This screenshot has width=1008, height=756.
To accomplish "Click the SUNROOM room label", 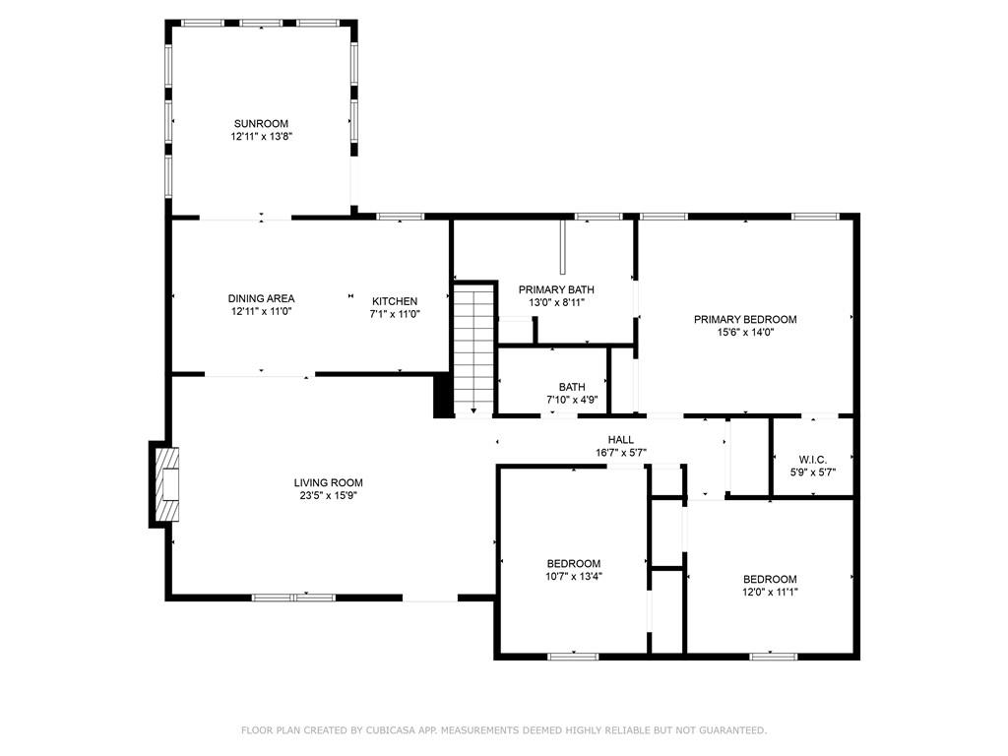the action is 261,123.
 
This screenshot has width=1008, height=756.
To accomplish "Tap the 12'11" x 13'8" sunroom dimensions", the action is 262,136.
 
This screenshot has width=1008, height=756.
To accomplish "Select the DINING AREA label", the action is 261,298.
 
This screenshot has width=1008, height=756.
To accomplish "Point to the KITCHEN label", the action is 395,301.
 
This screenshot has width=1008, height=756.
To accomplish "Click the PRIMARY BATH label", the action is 556,290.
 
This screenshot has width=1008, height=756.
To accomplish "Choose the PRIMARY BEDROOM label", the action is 745,320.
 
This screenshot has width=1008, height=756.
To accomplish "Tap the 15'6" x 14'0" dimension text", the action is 745,333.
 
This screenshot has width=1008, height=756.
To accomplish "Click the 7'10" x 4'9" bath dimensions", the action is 572,400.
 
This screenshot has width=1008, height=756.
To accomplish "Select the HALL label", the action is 620,440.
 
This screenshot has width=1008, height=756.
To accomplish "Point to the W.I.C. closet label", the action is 812,460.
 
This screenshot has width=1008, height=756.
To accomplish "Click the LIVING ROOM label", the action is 328,482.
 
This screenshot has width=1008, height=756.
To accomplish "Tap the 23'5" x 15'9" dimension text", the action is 329,496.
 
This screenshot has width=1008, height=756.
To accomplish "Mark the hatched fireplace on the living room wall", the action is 165,484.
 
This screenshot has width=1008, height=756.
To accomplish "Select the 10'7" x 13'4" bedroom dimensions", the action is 574,577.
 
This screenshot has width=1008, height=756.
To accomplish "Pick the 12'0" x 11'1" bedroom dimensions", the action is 770,592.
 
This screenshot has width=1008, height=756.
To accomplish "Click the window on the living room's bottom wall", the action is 293,598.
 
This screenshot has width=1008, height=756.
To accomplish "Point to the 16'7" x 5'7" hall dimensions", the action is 620,453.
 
